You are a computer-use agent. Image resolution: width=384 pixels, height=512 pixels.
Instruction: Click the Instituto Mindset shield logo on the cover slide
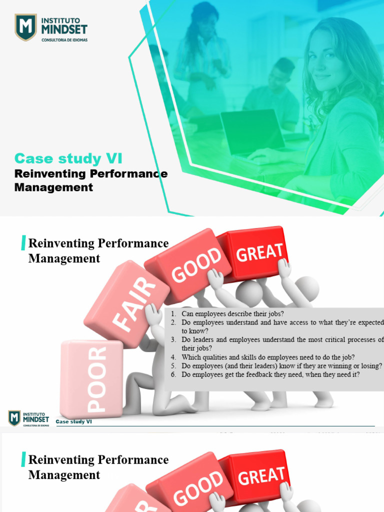point(25,27)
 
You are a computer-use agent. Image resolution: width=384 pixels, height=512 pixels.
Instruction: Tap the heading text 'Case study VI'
point(68,158)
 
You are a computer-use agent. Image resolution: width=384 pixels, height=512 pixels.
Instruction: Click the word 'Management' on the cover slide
point(53,187)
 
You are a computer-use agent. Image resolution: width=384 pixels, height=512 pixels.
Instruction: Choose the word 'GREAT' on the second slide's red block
point(259,251)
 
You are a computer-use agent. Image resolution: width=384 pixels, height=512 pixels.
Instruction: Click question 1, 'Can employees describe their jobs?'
point(232,314)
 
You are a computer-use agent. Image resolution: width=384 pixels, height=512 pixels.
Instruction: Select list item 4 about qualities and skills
point(268,357)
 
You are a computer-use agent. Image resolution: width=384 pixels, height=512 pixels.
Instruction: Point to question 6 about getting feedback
point(270,374)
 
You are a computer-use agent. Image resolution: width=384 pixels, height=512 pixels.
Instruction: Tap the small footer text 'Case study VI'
point(74,421)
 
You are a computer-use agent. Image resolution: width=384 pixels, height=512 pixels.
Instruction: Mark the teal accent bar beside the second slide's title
point(23,243)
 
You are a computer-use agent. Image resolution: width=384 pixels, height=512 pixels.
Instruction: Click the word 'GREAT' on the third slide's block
point(261,475)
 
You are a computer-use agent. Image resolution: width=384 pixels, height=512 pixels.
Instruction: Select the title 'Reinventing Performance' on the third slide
point(98,459)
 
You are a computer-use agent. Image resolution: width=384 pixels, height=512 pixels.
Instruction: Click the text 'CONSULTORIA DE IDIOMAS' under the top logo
point(64,40)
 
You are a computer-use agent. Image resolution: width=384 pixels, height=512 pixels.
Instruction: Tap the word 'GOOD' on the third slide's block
point(199,488)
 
